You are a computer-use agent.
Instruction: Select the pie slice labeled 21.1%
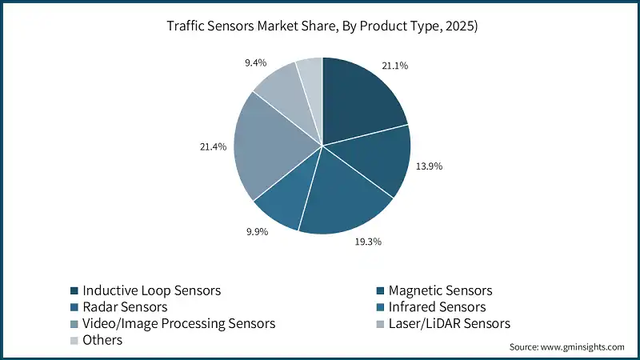360,96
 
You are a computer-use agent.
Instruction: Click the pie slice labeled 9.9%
284,200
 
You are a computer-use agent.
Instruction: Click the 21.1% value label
395,66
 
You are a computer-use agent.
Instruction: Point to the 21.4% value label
214,147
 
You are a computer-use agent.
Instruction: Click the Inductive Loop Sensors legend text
151,290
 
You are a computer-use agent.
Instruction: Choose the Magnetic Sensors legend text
439,290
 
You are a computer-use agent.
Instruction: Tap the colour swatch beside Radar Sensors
74,307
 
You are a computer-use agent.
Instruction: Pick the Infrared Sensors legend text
437,307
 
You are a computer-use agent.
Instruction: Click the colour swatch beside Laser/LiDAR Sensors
381,324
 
